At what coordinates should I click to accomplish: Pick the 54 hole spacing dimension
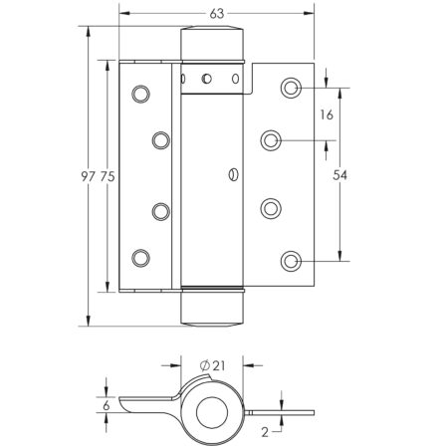340,175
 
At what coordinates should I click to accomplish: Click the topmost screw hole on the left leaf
140,94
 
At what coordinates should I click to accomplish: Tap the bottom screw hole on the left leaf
140,257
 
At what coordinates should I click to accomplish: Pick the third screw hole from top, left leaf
159,210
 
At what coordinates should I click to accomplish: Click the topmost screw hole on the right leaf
291,89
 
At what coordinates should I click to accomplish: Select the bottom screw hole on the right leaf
291,262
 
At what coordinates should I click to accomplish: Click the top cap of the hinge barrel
212,45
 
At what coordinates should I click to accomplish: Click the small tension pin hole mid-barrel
232,176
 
